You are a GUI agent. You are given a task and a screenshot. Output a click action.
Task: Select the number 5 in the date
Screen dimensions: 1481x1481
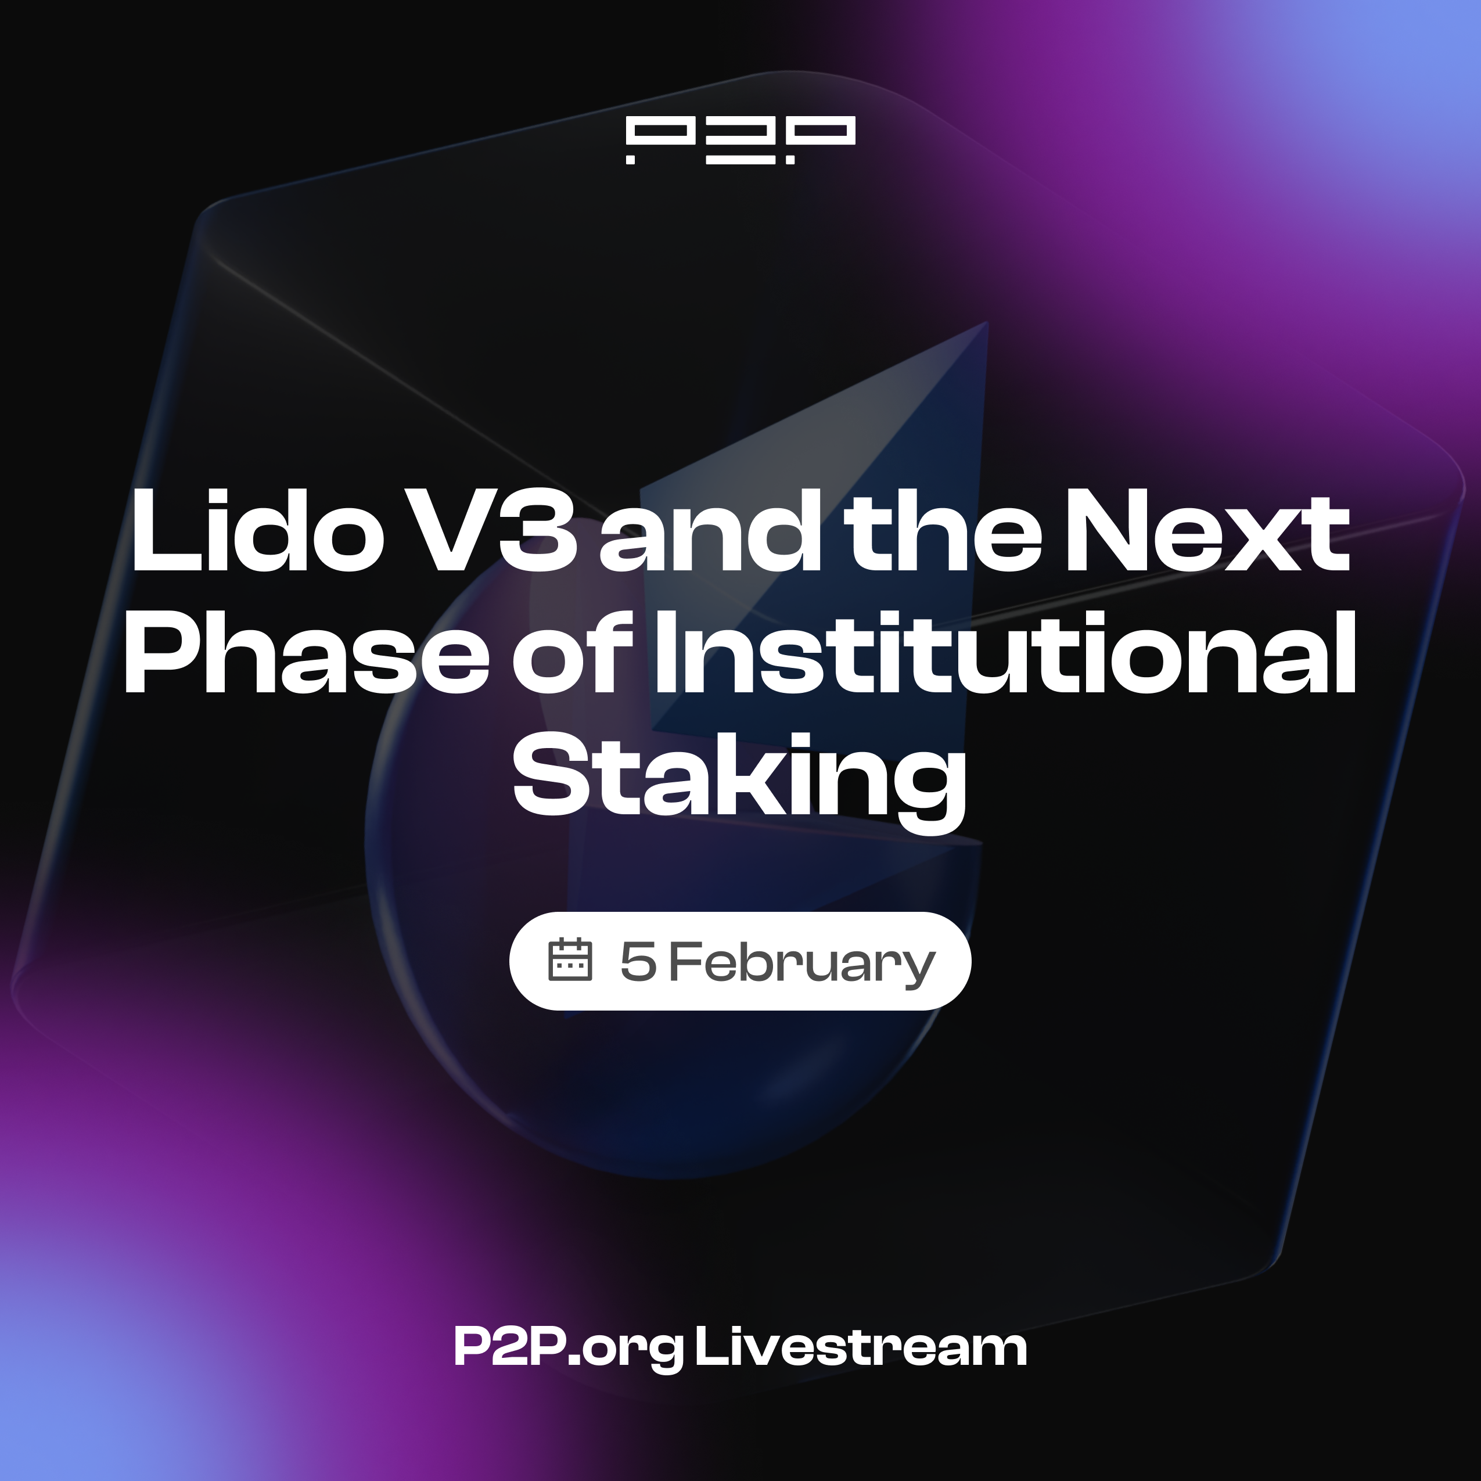(x=638, y=961)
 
